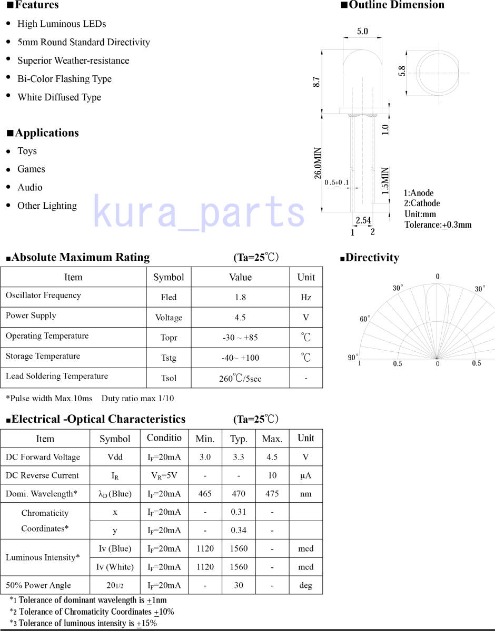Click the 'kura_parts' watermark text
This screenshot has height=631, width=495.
[199, 211]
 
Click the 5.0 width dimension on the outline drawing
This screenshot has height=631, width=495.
[362, 32]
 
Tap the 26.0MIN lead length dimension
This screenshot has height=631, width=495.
[318, 163]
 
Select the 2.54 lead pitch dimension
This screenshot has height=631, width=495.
[363, 220]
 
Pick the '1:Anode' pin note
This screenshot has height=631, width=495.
[419, 193]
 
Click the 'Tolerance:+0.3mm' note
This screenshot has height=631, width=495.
[438, 225]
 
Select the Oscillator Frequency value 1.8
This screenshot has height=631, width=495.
[240, 297]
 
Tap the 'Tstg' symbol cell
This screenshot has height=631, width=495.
[169, 358]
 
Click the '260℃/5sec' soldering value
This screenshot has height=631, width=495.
[240, 379]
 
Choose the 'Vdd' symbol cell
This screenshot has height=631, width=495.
[115, 457]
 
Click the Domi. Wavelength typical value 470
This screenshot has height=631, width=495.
[239, 494]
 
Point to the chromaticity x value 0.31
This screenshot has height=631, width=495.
[239, 512]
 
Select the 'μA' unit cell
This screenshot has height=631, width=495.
[305, 475]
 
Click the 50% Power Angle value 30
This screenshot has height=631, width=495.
[239, 585]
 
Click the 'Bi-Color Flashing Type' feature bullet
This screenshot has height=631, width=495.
[64, 79]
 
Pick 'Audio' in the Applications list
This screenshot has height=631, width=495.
[30, 187]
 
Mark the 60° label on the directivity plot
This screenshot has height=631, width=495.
[365, 319]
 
